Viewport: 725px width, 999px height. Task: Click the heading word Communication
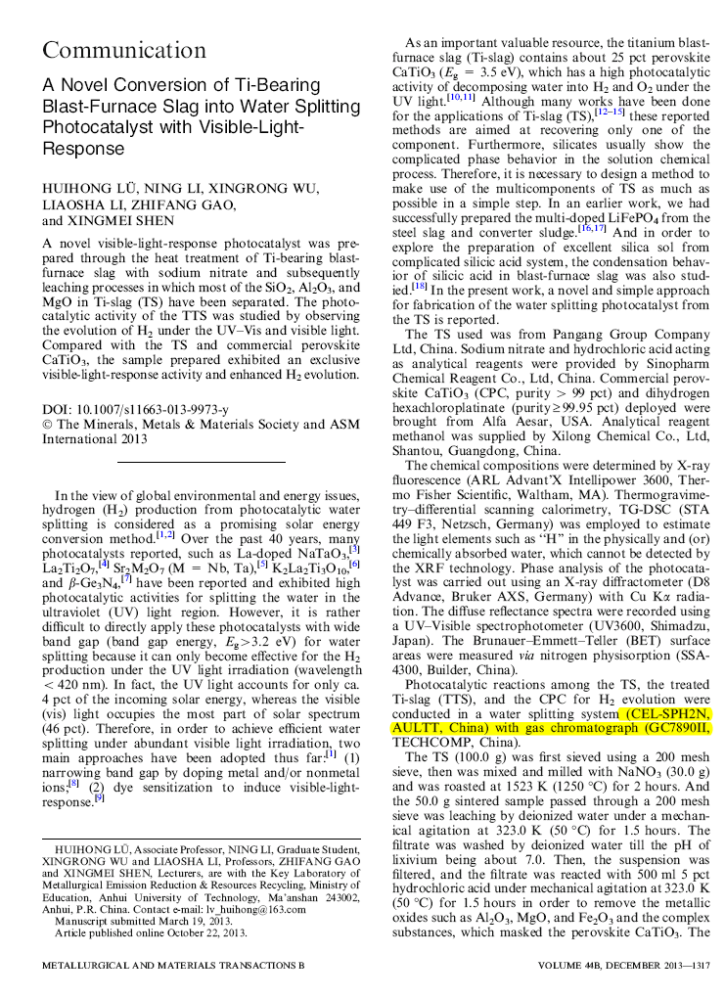pyautogui.click(x=123, y=50)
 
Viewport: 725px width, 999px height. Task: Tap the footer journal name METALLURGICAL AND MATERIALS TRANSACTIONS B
pyautogui.click(x=172, y=965)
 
